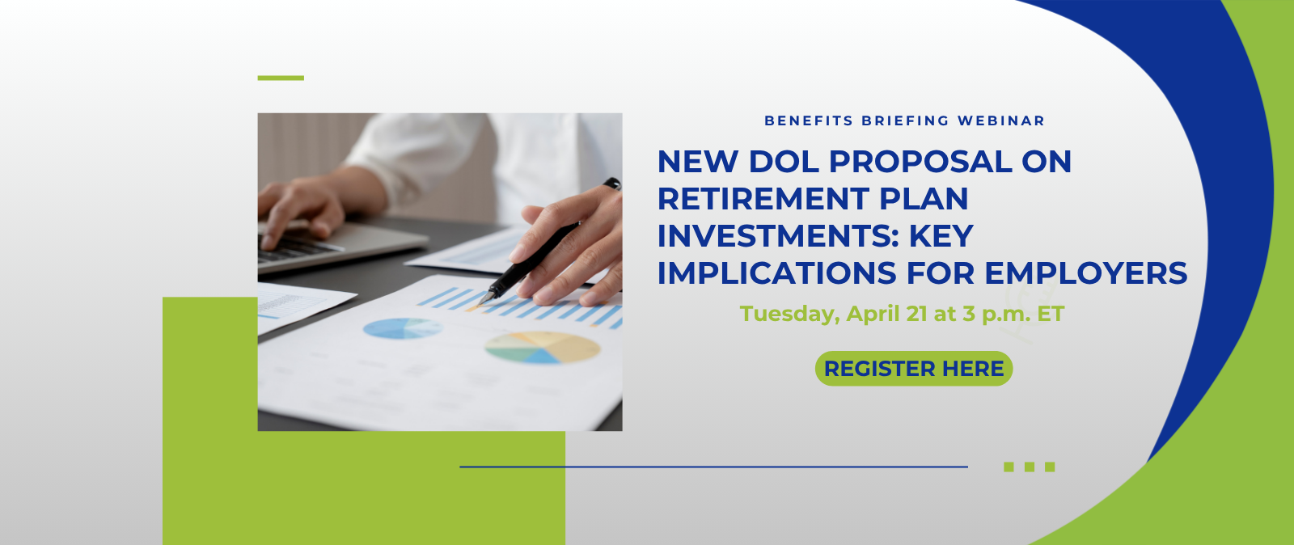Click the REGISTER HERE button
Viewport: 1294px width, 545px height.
[x=913, y=369]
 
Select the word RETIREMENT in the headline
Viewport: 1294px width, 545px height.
[x=763, y=199]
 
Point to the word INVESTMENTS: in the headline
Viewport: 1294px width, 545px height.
[x=778, y=235]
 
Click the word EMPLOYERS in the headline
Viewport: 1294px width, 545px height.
[x=1085, y=272]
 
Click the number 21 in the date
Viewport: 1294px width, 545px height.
[x=917, y=314]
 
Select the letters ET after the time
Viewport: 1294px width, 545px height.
[x=1051, y=314]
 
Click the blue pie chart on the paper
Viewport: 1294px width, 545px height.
[x=403, y=328]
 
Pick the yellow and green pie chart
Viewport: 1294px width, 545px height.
[x=542, y=347]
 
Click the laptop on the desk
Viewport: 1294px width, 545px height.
[x=340, y=245]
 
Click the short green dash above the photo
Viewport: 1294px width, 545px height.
[x=281, y=78]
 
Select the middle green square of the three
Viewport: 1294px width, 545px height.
[x=1030, y=467]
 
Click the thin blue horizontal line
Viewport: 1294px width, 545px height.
[x=713, y=467]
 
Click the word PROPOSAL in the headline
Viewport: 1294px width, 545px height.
[x=921, y=161]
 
